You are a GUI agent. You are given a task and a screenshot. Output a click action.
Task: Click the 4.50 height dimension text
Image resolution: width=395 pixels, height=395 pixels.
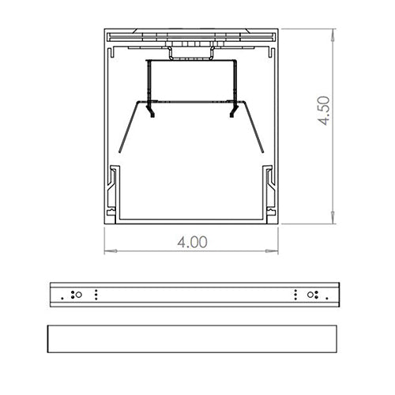pyautogui.click(x=322, y=111)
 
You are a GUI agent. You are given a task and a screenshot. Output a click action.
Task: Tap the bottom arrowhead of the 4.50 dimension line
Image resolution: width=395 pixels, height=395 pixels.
pyautogui.click(x=333, y=220)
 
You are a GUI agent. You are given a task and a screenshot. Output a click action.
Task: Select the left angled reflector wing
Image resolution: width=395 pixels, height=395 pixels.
pyautogui.click(x=126, y=126)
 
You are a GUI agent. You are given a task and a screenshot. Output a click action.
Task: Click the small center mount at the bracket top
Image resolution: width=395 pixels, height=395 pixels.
pyautogui.click(x=192, y=52)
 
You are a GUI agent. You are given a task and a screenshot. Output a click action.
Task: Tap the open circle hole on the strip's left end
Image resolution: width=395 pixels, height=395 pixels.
pyautogui.click(x=77, y=295)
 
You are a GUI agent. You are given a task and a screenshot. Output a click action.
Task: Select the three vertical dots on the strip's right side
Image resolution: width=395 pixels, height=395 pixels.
pyautogui.click(x=294, y=295)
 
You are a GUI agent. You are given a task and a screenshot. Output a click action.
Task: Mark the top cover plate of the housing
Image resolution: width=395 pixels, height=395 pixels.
pyautogui.click(x=192, y=35)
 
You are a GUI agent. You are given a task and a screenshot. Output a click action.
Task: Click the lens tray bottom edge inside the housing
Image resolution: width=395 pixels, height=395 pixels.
pyautogui.click(x=192, y=217)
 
